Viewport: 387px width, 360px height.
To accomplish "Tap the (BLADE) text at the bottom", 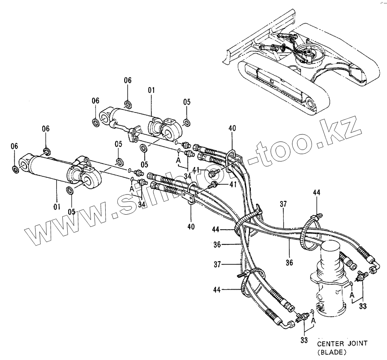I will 332,352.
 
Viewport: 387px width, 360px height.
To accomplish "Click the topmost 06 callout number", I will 128,80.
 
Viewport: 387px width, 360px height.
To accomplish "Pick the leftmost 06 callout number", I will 14,146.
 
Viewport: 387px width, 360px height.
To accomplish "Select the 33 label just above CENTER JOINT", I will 304,340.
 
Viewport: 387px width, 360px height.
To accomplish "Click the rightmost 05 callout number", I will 187,102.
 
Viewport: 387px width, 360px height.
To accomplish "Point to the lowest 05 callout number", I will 72,211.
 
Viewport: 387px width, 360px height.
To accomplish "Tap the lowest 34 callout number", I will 142,204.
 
